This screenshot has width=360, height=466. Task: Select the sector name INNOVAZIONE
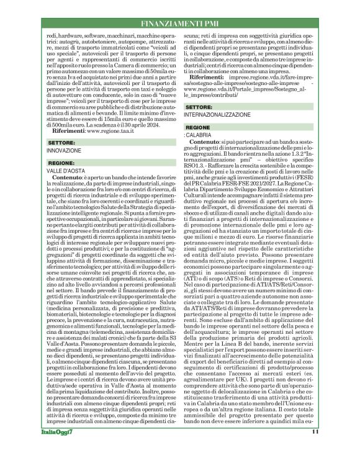pos(64,150)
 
